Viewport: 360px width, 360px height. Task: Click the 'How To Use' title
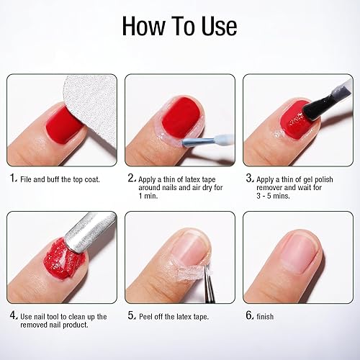[x=179, y=27]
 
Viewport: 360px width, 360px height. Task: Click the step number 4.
[x=13, y=315]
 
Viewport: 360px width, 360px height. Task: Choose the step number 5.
[x=131, y=315]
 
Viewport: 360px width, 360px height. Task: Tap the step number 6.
[x=249, y=315]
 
